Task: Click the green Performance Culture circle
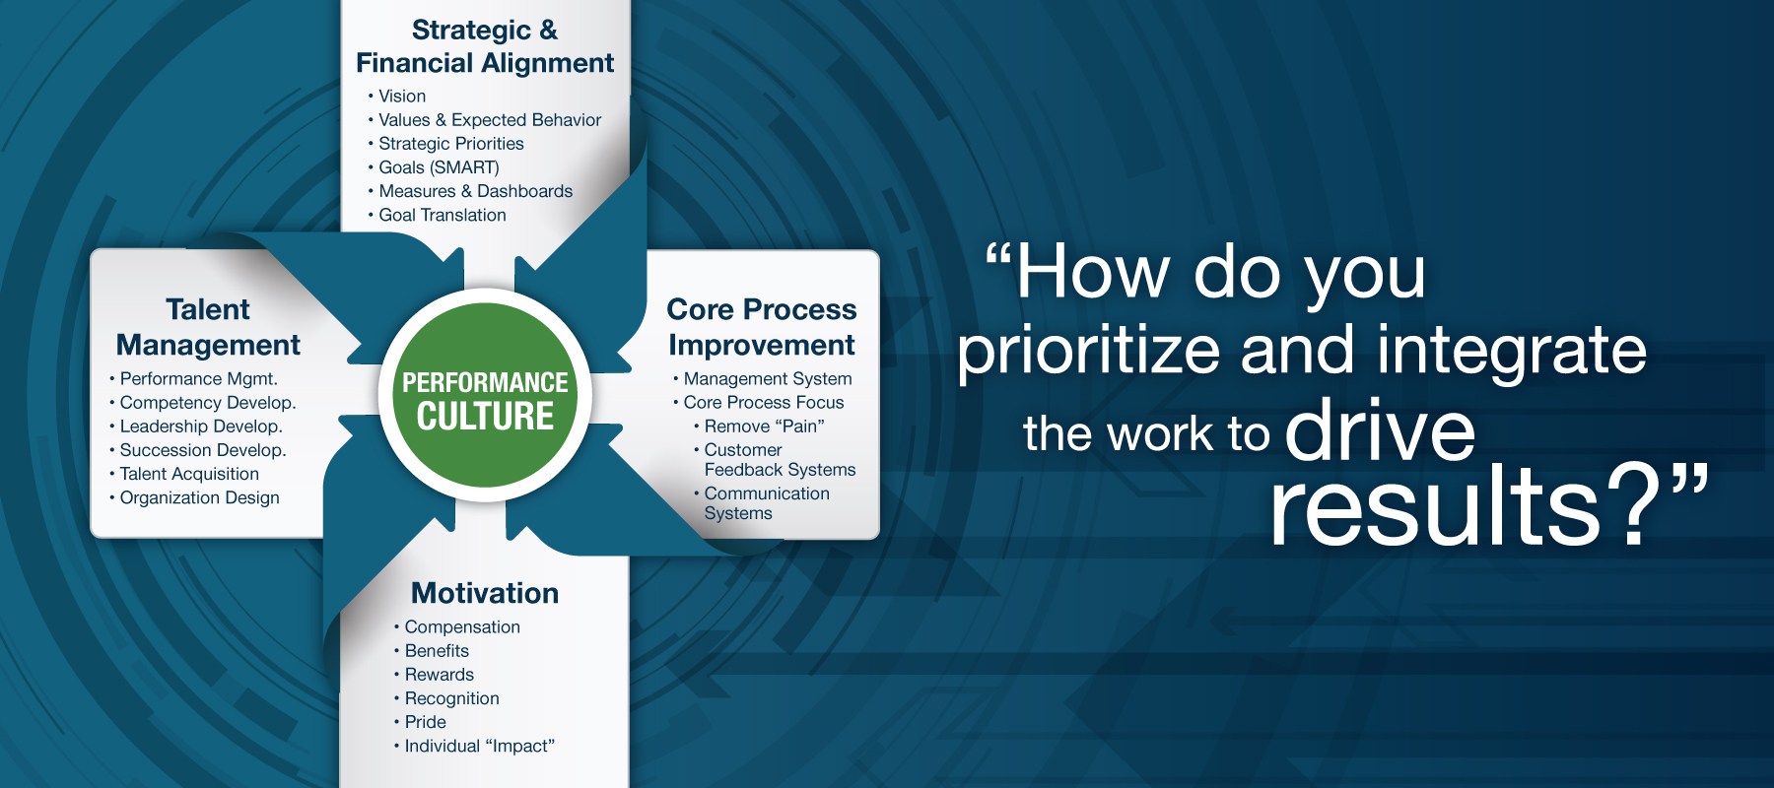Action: click(485, 396)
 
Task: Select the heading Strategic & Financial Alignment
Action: click(485, 46)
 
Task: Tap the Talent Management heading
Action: click(208, 327)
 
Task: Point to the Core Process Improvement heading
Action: click(762, 327)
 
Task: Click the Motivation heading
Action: click(485, 593)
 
